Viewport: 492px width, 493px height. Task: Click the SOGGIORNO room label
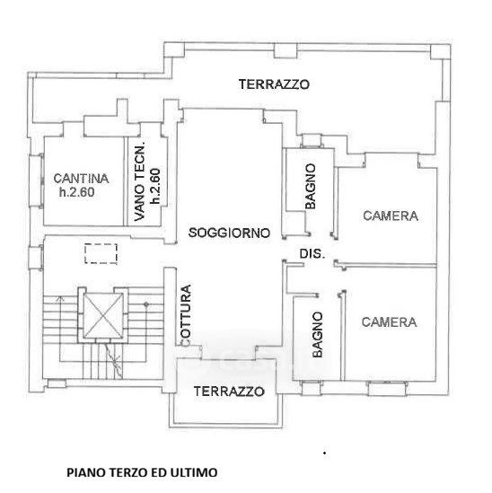pos(229,233)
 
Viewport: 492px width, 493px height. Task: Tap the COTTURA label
pos(186,316)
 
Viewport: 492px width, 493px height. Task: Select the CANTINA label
pos(81,179)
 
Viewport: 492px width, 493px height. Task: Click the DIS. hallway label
pos(312,254)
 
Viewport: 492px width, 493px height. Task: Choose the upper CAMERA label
pos(391,216)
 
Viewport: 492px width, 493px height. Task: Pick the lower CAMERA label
pos(389,322)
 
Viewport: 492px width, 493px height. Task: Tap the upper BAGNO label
pos(311,186)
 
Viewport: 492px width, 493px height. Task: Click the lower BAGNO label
pos(318,335)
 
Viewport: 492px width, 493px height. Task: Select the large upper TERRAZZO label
pos(274,84)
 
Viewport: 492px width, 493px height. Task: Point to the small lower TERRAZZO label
pos(229,392)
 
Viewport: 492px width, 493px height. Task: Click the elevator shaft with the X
pos(104,315)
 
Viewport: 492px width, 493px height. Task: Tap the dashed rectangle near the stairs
pos(101,253)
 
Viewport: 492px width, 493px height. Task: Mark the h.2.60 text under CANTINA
pos(77,192)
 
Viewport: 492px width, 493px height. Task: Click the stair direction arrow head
pos(60,298)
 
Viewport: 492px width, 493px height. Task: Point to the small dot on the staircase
pos(146,304)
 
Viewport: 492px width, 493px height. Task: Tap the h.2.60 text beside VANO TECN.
pos(155,186)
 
